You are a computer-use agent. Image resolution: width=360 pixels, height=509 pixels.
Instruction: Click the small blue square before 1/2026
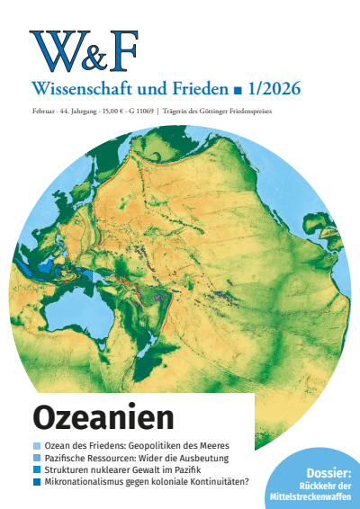coord(237,91)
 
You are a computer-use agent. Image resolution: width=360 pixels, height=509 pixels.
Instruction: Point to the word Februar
coord(41,111)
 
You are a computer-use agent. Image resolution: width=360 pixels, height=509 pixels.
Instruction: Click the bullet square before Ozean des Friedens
coord(36,446)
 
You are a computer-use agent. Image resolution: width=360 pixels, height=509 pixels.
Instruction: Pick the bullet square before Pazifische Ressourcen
coord(36,458)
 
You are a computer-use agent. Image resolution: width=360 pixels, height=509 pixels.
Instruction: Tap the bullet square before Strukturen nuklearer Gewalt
coord(36,469)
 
